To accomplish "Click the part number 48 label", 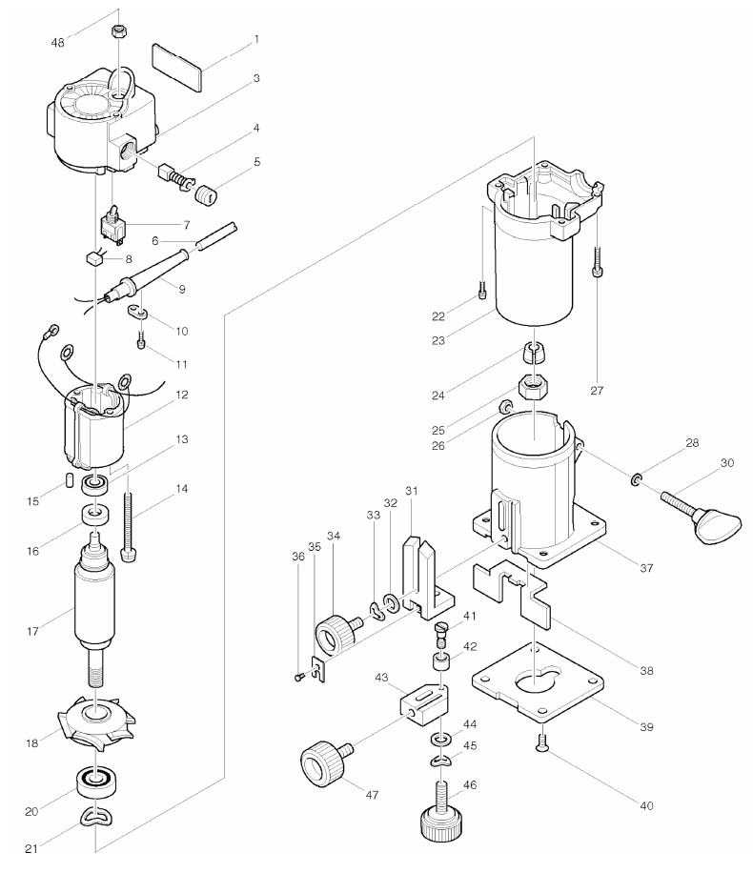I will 58,44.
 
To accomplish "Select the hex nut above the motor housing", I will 119,30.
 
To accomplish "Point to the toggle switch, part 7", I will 113,226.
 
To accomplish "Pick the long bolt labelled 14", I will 129,529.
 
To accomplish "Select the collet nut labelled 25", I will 531,389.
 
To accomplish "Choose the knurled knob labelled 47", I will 319,763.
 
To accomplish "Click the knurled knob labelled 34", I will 336,633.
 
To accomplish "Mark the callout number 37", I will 646,568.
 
